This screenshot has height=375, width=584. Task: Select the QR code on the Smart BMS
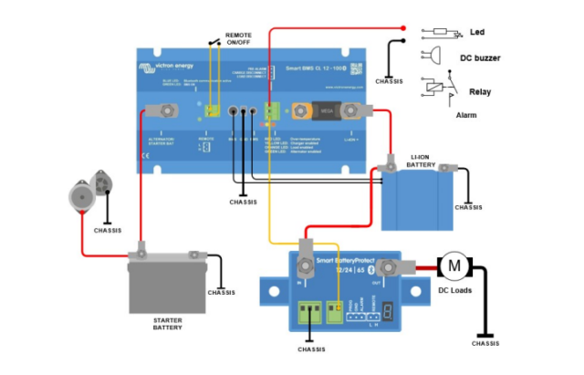356,68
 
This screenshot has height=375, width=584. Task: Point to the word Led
476,33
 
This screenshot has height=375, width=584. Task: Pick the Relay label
480,92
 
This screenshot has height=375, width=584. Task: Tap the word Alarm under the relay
466,116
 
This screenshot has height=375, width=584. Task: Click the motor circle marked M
454,266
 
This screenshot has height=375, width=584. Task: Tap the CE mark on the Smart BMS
144,156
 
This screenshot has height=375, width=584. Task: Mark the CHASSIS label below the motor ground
485,344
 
